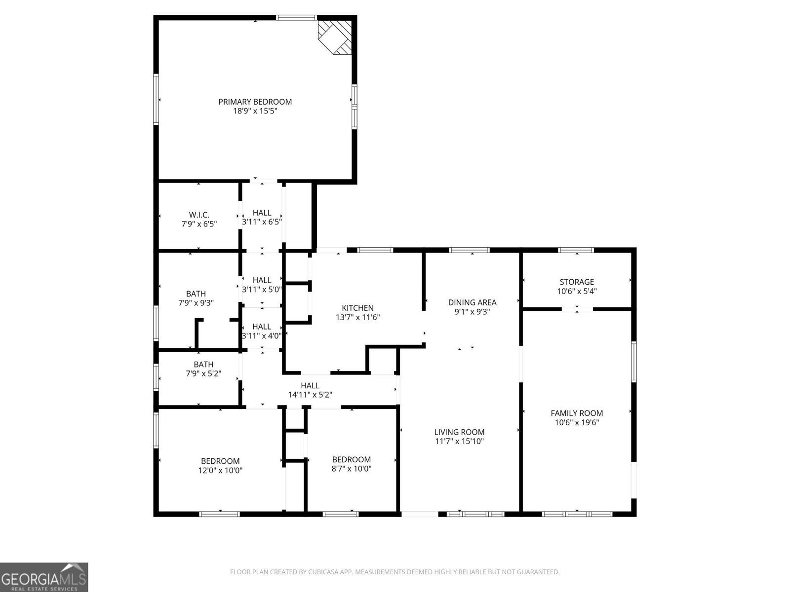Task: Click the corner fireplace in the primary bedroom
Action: coord(336,37)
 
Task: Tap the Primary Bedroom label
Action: coord(255,102)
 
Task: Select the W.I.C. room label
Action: coord(199,215)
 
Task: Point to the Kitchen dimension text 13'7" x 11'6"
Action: coord(358,318)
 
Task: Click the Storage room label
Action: coord(577,282)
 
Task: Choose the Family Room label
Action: coord(577,413)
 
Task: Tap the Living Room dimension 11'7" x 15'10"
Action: coord(459,442)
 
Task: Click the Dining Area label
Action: coord(472,302)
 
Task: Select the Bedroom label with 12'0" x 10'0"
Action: coord(220,461)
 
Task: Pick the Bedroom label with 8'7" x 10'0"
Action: coord(351,459)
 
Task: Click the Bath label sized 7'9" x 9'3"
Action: coord(196,294)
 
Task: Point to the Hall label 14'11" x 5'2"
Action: coord(310,385)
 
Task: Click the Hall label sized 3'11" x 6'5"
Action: coord(262,213)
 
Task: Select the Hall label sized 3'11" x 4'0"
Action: coord(262,327)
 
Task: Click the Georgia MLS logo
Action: coord(44,577)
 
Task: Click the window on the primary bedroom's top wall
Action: coord(296,18)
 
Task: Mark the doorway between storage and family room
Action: coord(577,309)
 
